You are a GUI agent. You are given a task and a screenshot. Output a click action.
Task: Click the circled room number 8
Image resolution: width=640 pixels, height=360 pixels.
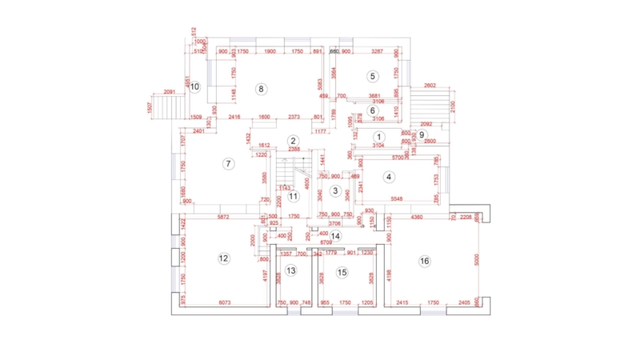(x=261, y=88)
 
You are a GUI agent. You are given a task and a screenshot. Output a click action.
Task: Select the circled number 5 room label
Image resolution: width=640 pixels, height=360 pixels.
(x=372, y=76)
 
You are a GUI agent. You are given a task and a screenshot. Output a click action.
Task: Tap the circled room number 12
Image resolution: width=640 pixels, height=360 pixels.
(x=224, y=258)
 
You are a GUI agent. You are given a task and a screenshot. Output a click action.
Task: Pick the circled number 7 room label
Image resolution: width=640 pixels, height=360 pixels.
(x=228, y=164)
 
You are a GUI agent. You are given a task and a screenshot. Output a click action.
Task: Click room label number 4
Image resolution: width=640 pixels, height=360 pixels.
(x=389, y=177)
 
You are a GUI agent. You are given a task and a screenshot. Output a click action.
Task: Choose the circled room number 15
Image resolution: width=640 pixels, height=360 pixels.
(x=342, y=272)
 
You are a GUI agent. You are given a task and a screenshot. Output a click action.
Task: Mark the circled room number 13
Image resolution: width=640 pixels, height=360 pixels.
(x=292, y=271)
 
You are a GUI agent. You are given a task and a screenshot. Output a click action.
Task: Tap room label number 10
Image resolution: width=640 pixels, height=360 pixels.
(x=194, y=86)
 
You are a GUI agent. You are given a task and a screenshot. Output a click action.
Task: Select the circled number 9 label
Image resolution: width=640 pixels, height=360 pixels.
(x=422, y=134)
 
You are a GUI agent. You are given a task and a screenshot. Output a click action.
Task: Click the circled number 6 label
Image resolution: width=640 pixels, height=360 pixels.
(x=372, y=110)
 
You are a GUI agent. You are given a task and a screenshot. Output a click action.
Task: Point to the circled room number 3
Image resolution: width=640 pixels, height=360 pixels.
(x=336, y=191)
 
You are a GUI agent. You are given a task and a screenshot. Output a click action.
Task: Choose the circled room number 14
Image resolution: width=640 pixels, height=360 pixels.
(x=336, y=235)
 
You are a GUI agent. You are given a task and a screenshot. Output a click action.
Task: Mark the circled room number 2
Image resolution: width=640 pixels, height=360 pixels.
(x=294, y=140)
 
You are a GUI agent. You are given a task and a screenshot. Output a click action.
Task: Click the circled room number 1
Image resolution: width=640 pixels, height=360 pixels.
(x=378, y=137)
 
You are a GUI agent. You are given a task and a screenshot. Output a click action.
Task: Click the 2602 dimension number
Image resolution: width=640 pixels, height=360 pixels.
(x=430, y=86)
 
